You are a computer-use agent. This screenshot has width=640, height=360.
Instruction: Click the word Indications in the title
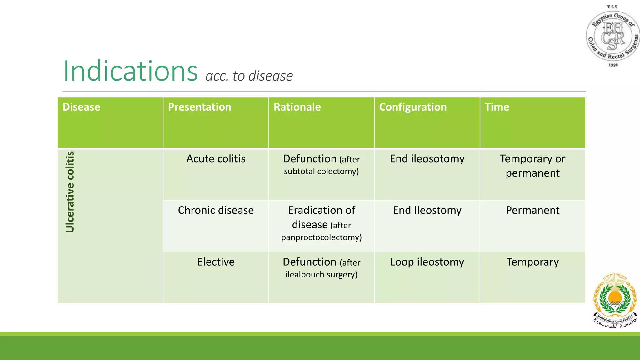coord(130,71)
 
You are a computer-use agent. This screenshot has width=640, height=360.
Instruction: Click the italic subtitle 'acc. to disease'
coord(249,76)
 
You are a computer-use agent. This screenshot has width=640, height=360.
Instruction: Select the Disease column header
coord(81,107)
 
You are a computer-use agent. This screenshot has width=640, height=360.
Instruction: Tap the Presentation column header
coord(199,107)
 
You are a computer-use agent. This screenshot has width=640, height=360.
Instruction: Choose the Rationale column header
coord(297,107)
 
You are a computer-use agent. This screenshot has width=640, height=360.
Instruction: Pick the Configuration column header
coord(412,107)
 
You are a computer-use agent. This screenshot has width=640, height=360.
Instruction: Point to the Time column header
coord(497,107)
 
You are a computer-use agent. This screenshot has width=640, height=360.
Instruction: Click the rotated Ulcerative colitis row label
coord(70,192)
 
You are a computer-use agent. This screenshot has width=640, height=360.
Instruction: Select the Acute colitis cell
coord(216,159)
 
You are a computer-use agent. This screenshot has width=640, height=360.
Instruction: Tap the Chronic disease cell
coord(216,210)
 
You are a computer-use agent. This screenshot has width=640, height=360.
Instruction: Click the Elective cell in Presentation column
coord(216,262)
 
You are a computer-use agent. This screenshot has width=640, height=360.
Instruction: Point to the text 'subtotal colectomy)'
coord(321,171)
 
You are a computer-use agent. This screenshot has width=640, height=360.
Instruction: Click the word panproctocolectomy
coord(321,237)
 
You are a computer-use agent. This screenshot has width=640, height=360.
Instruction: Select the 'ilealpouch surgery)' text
coord(321,275)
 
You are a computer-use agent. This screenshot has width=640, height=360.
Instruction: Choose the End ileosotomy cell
coord(427,159)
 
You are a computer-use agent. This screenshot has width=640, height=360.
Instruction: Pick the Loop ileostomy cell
coord(427,262)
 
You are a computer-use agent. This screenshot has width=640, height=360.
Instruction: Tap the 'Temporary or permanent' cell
coord(532,166)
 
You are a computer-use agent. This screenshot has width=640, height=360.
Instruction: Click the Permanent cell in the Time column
coord(532,210)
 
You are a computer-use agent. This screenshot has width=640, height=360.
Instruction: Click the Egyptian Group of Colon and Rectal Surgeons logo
coord(612,36)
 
